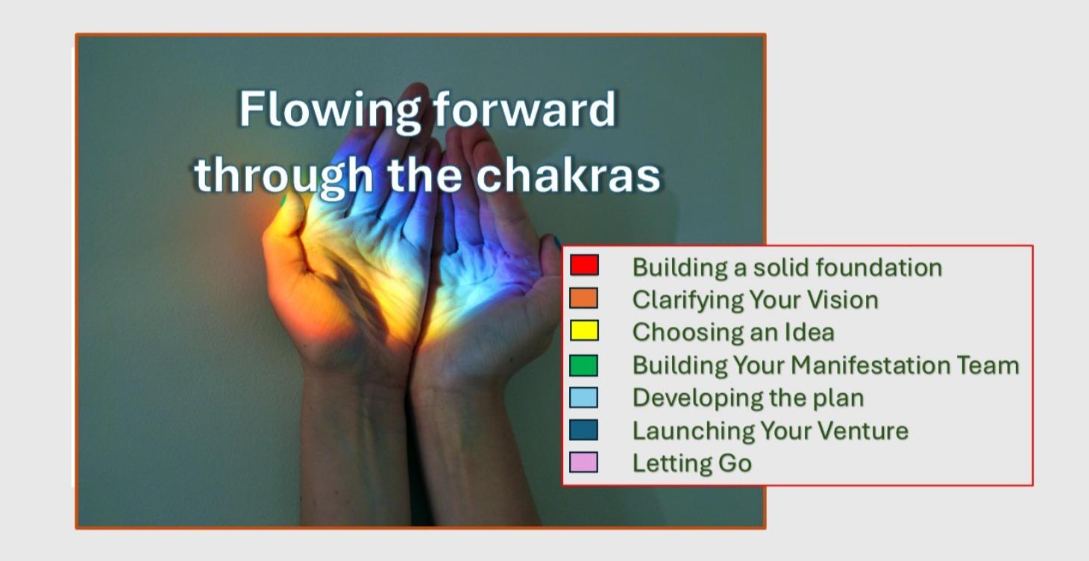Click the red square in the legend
[583, 266]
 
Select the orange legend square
[583, 298]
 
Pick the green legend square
[583, 365]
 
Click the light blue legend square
[583, 398]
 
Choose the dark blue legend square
[583, 430]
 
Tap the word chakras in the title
[568, 175]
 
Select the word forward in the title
[525, 110]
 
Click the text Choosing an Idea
[732, 332]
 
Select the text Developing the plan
[747, 398]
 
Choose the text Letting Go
[691, 463]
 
